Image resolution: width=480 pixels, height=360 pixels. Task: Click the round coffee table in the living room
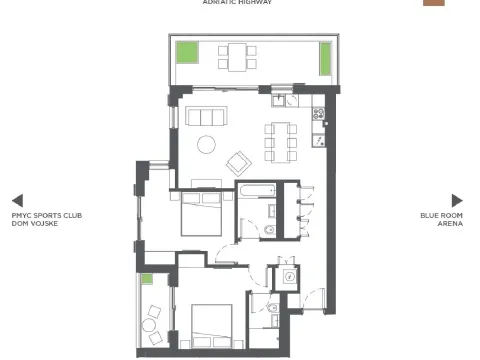click(x=207, y=143)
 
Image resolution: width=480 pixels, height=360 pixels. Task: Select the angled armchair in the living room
click(x=239, y=161)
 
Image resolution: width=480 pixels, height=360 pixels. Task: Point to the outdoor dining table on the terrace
click(x=237, y=55)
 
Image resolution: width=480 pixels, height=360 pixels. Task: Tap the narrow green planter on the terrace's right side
click(x=325, y=59)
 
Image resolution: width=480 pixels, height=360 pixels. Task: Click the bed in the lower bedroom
click(x=213, y=325)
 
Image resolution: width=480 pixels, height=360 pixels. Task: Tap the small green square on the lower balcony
click(x=146, y=279)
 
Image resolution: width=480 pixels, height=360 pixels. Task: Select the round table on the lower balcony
click(x=150, y=324)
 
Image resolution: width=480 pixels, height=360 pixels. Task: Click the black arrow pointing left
click(x=17, y=200)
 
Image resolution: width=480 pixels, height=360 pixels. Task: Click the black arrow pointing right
click(x=457, y=200)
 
